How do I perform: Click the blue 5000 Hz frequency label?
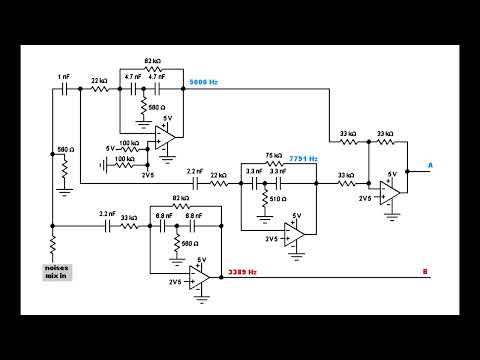(x=204, y=82)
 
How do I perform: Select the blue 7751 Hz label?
(x=303, y=159)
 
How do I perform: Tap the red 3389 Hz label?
(x=242, y=272)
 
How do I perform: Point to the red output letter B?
(x=425, y=272)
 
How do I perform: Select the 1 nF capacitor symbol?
(x=63, y=89)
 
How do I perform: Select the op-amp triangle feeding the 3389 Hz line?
(x=199, y=273)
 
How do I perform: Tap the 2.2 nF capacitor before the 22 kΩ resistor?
(x=196, y=183)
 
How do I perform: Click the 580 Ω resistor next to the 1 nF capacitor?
(x=63, y=164)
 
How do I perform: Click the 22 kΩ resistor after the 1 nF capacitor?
(x=99, y=89)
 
